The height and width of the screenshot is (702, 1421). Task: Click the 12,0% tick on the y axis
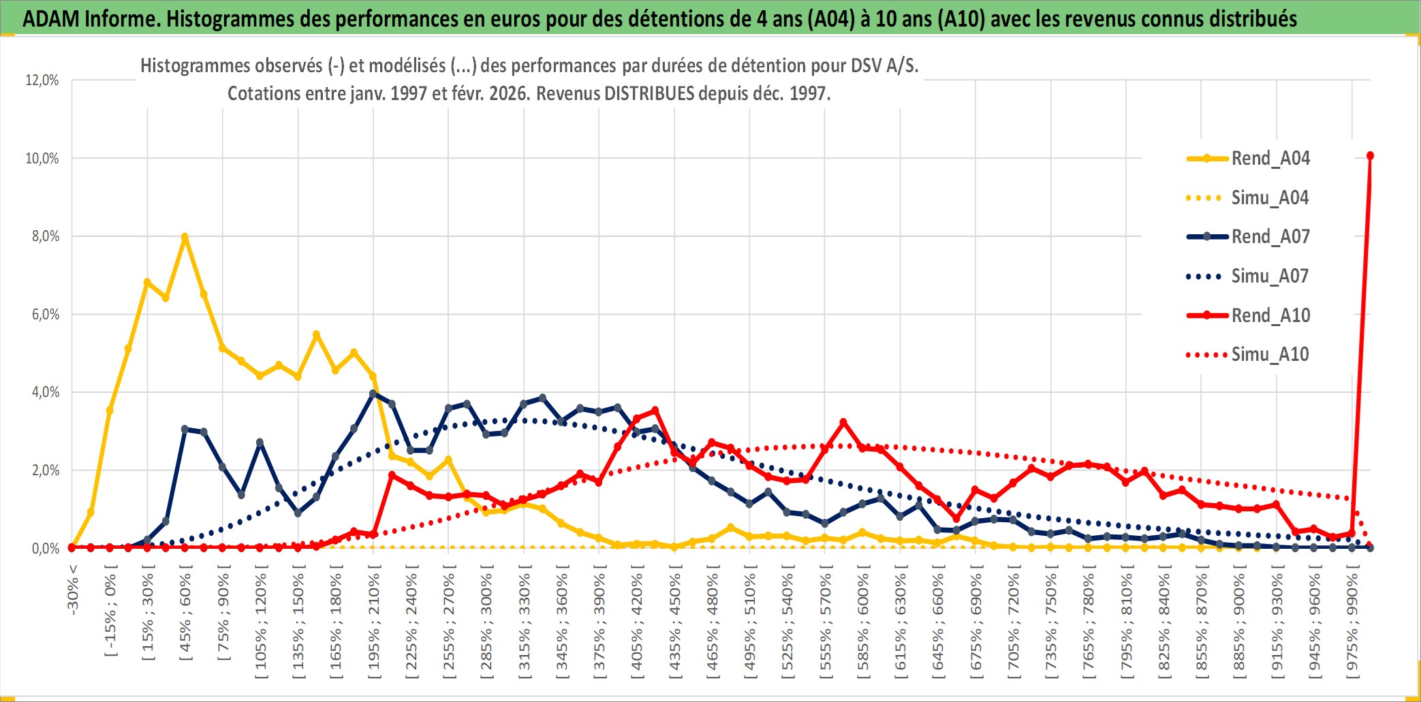pos(42,80)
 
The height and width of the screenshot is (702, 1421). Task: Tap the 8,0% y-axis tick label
pos(42,236)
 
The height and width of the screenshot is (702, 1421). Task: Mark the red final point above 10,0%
pos(1370,156)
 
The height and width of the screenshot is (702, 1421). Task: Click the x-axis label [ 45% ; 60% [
pos(185,616)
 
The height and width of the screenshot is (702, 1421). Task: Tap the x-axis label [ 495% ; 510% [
pos(749,625)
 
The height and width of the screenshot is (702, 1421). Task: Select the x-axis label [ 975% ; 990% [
pos(1352,625)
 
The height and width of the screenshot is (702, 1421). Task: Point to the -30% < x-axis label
pos(73,590)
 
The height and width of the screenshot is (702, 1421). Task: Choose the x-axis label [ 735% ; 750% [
pos(1050,625)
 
